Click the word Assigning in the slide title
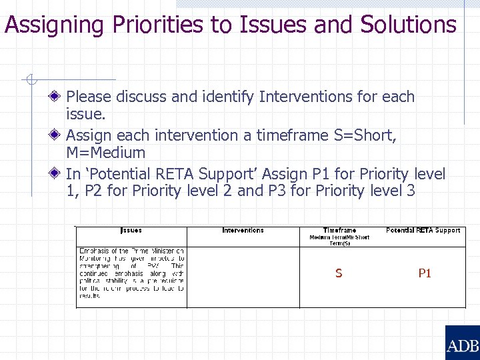point(53,26)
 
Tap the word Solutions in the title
point(407,25)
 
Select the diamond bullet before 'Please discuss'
point(58,97)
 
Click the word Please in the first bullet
point(89,97)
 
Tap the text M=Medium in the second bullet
point(105,153)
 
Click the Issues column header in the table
point(131,231)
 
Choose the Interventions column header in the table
point(243,231)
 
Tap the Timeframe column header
point(339,231)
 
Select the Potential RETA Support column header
point(423,231)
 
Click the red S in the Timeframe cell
point(339,273)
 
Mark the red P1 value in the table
point(425,273)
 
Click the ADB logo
point(462,343)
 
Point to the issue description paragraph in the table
point(131,273)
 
